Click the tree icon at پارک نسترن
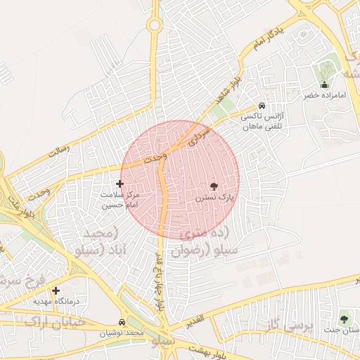click(x=214, y=186)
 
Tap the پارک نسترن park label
click(x=214, y=199)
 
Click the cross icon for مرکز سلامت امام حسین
click(x=120, y=184)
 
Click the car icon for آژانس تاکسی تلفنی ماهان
click(x=263, y=101)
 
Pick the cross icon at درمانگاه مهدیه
click(x=56, y=290)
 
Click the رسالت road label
click(x=59, y=148)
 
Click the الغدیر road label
click(x=196, y=322)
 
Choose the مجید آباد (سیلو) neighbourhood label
click(x=98, y=241)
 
